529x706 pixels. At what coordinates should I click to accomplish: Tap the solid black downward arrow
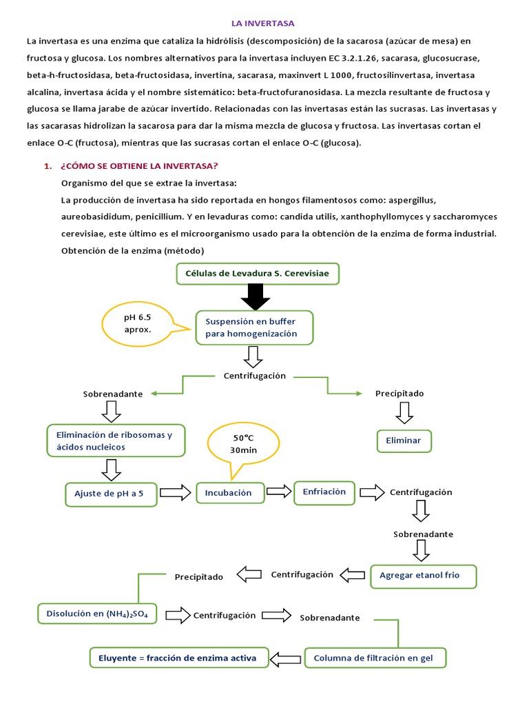(254, 296)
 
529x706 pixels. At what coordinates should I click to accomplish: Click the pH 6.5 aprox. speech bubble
(137, 323)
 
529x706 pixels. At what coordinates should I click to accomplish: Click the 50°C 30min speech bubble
(244, 444)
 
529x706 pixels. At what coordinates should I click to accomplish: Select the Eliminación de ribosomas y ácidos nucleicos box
(116, 441)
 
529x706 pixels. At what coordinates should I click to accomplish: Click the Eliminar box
(404, 441)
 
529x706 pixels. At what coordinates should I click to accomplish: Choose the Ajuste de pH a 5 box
(113, 493)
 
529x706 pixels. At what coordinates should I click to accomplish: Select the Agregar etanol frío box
(423, 575)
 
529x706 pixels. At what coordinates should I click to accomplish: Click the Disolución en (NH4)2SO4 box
(96, 613)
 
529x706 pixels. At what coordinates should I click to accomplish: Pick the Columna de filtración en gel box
(375, 658)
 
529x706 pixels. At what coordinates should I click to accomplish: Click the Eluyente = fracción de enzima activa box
(178, 658)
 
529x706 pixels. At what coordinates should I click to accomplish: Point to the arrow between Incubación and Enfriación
(279, 492)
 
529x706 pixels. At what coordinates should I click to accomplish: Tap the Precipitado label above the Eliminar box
(400, 393)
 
